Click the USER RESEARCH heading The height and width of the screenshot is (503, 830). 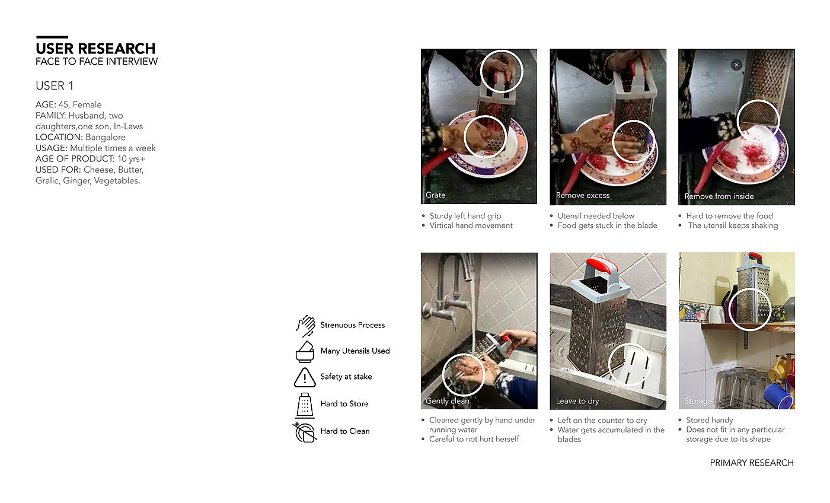(95, 49)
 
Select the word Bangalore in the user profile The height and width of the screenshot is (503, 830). (106, 137)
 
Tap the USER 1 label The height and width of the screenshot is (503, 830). (55, 85)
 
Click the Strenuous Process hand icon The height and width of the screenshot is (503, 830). (305, 326)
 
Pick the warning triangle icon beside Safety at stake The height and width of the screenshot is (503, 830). (305, 378)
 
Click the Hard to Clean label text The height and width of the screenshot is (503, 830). (345, 431)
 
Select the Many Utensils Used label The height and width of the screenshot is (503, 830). (355, 351)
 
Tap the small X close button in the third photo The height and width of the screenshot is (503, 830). (736, 65)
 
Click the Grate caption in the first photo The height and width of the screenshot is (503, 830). (435, 195)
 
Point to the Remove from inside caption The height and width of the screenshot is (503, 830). (719, 196)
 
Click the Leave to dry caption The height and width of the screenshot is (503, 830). (577, 401)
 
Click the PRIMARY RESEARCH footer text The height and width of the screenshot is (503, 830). (752, 463)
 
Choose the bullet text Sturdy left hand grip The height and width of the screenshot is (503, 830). (465, 216)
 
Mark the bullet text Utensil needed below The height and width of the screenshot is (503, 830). (596, 216)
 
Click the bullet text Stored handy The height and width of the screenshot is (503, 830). (709, 420)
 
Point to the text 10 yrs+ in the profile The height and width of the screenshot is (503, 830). (131, 159)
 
